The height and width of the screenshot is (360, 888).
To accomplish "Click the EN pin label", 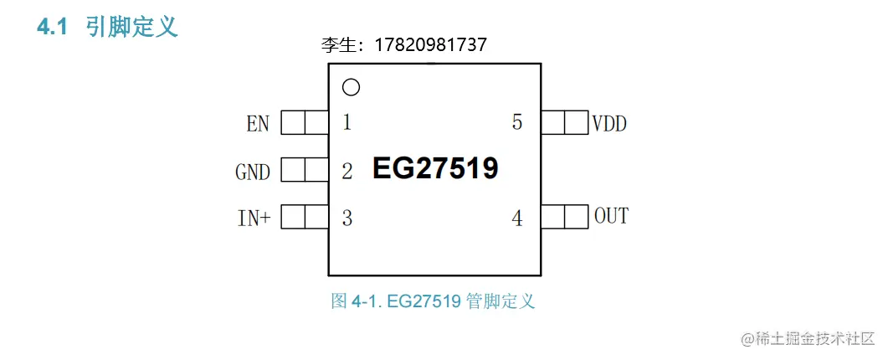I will [258, 124].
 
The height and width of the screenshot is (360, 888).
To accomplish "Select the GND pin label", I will [253, 172].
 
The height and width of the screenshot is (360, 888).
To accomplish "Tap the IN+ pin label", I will [254, 219].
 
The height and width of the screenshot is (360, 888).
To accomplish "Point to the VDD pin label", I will [609, 124].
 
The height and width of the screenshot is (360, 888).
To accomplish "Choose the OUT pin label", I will [611, 216].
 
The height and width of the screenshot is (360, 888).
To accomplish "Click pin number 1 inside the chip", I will [346, 123].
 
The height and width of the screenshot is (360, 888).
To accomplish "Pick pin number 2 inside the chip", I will [346, 172].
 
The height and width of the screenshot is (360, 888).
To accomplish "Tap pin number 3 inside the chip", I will [346, 219].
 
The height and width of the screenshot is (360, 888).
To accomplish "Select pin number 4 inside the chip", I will [517, 219].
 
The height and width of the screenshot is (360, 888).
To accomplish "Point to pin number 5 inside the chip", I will [517, 122].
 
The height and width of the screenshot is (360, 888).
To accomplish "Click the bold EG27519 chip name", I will [435, 169].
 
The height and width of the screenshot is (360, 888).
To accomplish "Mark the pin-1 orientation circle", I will [352, 87].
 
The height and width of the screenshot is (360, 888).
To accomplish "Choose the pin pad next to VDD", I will [564, 123].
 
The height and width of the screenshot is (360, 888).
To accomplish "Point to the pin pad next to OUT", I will [564, 218].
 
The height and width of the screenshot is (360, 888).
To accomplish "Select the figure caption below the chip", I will [433, 301].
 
